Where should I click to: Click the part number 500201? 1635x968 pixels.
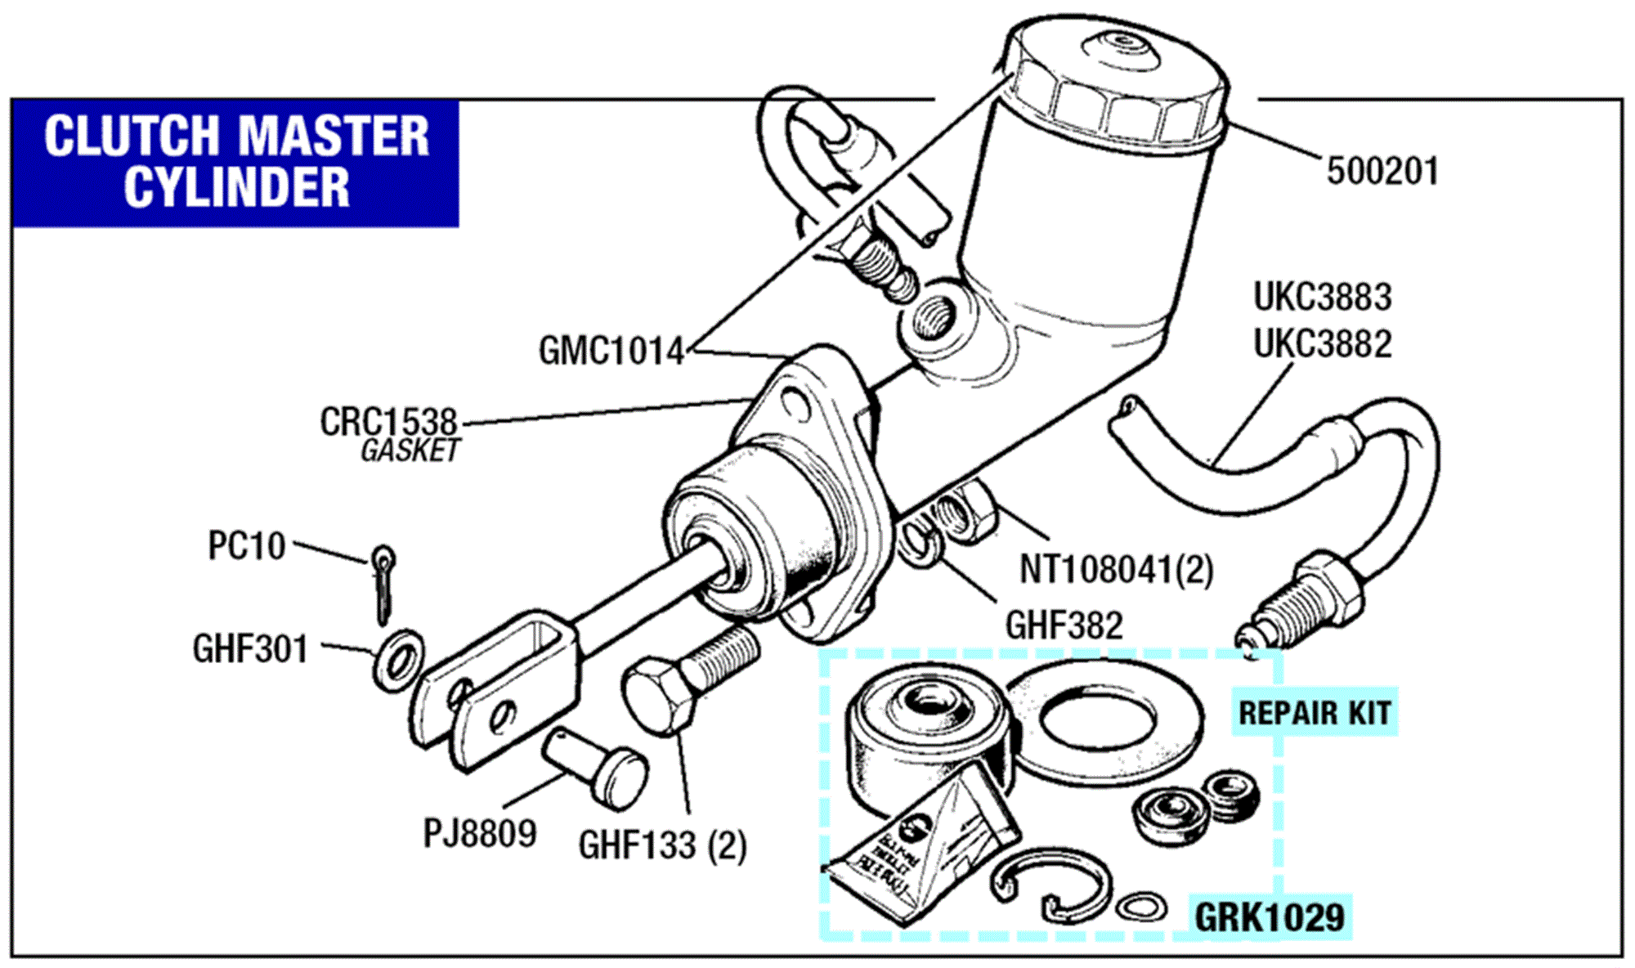pos(1382,172)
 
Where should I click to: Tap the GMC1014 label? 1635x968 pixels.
pos(611,352)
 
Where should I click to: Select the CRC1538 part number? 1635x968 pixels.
pos(388,422)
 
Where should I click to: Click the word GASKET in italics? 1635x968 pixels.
pos(410,450)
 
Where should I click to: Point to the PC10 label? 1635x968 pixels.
pos(246,546)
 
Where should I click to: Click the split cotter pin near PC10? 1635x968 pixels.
pos(383,582)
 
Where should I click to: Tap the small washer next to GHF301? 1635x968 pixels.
pos(398,659)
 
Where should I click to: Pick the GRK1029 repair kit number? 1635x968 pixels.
pos(1270,916)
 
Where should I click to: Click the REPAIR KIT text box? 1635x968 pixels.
pos(1314,713)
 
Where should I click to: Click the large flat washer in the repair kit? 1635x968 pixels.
pos(1104,724)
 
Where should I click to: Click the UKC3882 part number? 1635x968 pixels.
pos(1322,344)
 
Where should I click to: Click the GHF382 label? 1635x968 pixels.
pos(1064,626)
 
